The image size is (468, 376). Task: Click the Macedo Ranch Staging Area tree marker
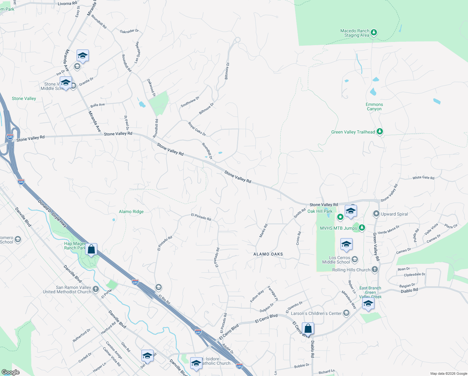coord(374,33)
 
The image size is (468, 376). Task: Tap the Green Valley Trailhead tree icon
coord(380,132)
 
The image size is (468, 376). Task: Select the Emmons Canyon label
coord(374,107)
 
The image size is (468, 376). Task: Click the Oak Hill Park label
coord(320,211)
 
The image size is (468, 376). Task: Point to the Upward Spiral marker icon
coord(376,214)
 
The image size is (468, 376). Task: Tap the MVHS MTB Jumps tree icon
coord(362,228)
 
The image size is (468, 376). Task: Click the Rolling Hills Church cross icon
coord(375,269)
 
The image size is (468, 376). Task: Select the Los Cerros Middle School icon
coord(355,259)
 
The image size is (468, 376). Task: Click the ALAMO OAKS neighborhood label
coord(268,254)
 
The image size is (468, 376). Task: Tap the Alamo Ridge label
coord(131,211)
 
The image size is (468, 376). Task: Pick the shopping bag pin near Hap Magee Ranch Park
coord(91,249)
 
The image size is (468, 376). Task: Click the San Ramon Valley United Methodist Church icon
coord(96,289)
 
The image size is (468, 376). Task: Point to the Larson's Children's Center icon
coord(346,313)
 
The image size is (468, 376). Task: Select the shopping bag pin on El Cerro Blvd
coord(308,329)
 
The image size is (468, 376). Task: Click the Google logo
coord(10,372)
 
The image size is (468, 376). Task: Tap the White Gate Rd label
coord(423,178)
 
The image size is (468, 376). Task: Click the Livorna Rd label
coord(67,3)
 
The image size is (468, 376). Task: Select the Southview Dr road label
coord(190,102)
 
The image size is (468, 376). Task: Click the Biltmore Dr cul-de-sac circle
coord(237,40)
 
